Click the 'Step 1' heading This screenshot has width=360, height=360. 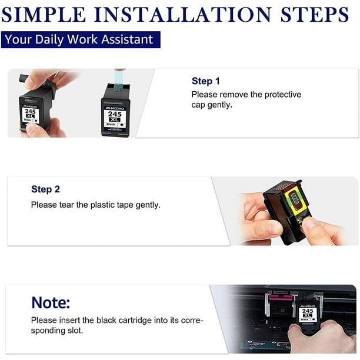point(205,81)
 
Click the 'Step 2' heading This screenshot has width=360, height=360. point(45,189)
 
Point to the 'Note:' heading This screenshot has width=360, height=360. point(51,303)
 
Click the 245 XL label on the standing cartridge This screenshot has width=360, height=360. point(115,116)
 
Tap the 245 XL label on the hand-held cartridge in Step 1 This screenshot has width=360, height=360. point(30,113)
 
